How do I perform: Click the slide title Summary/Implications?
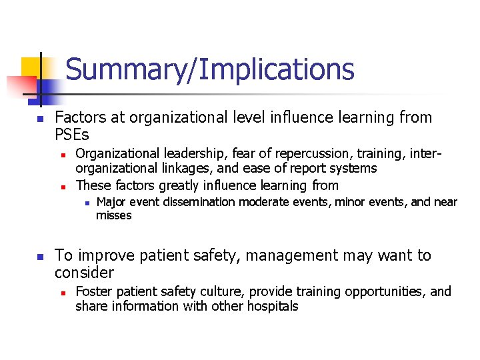(210, 69)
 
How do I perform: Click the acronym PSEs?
(72, 135)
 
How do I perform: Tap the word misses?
(114, 215)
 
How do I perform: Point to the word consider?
(85, 273)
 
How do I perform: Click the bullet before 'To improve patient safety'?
(39, 257)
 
